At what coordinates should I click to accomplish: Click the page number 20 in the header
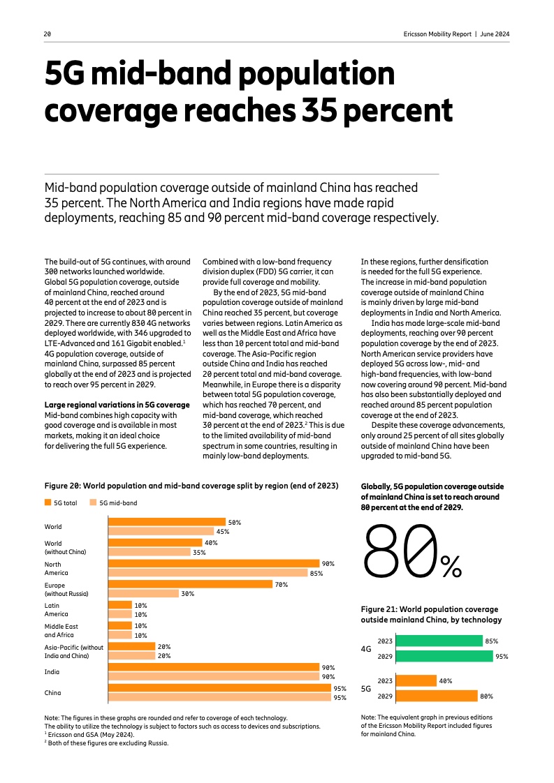click(x=48, y=33)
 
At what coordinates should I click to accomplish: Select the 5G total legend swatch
click(x=48, y=502)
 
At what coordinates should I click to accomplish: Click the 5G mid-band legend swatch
click(x=93, y=502)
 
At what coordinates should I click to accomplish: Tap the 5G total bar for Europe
click(x=189, y=585)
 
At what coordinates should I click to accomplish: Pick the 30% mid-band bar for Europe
click(x=143, y=594)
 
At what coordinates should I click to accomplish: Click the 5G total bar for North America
click(x=212, y=564)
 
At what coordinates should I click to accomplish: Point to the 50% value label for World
click(x=235, y=522)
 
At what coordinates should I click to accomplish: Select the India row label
click(x=52, y=672)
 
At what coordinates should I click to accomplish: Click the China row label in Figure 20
click(x=53, y=693)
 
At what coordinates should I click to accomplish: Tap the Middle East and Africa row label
click(x=61, y=631)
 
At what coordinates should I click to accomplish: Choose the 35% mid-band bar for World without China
click(x=148, y=552)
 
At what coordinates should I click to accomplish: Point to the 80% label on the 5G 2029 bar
click(x=487, y=696)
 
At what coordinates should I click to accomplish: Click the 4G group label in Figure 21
click(x=366, y=649)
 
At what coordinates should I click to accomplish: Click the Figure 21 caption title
click(x=430, y=615)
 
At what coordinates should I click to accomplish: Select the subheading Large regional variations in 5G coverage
click(x=117, y=405)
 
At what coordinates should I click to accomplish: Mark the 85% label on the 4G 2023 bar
click(x=491, y=641)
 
